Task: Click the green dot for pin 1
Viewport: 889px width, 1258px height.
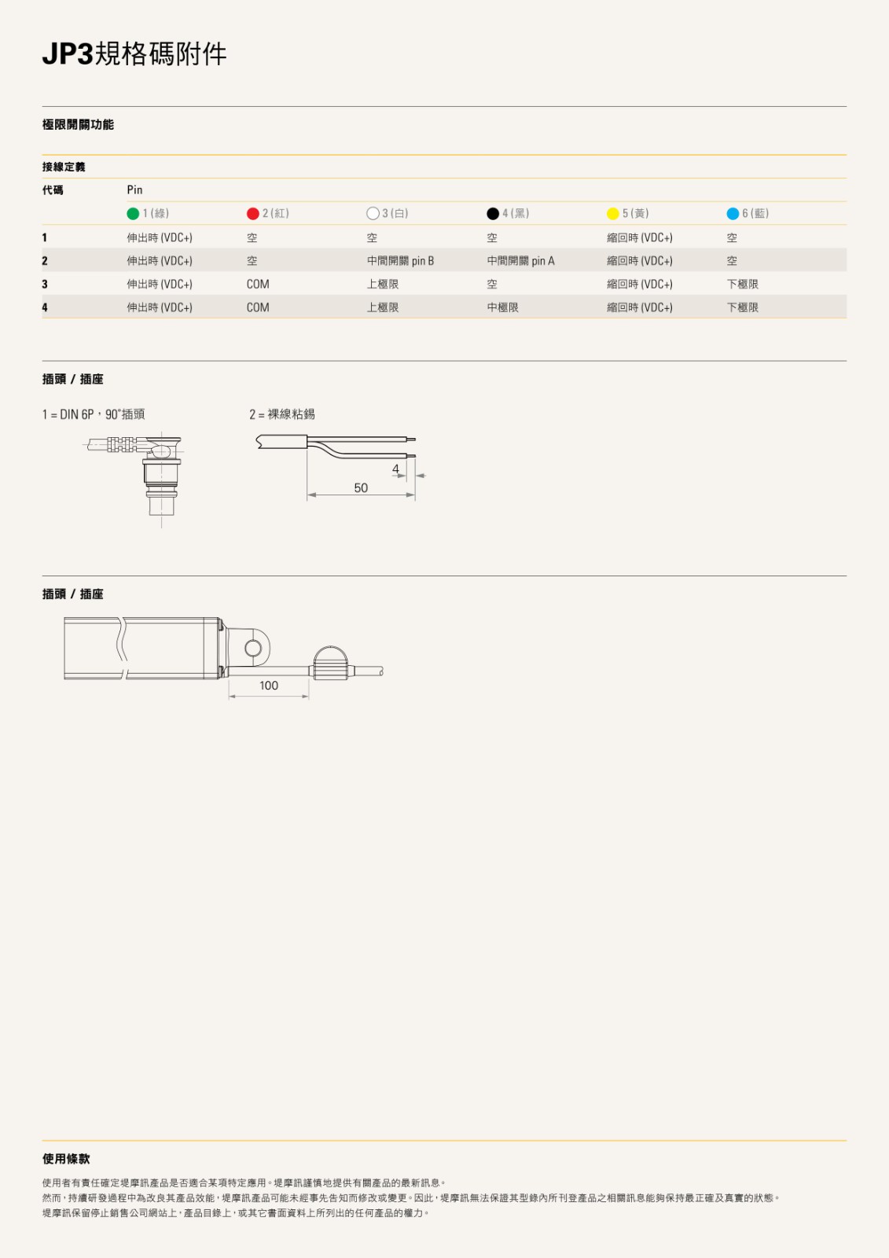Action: [x=133, y=214]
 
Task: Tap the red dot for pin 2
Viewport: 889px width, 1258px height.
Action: [x=253, y=214]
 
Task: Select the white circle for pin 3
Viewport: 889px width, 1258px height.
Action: [x=373, y=214]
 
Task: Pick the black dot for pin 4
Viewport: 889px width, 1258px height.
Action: [x=493, y=214]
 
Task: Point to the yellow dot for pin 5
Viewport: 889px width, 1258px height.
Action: [x=613, y=214]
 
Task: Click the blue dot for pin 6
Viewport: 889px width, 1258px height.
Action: [x=733, y=214]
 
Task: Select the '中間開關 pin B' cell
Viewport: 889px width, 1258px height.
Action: [x=400, y=261]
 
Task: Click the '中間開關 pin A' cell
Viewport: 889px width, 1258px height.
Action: [x=520, y=261]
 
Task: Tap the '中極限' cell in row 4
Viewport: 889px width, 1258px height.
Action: [x=502, y=307]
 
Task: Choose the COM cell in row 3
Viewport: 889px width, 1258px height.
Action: [x=258, y=285]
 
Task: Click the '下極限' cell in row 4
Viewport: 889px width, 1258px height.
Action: [x=742, y=307]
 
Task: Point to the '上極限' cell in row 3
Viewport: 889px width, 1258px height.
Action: [x=383, y=285]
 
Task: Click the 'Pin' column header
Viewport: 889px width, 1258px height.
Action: [x=135, y=190]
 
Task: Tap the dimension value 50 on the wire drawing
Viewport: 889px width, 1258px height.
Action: [x=361, y=488]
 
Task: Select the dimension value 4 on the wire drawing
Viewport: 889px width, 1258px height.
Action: [x=395, y=469]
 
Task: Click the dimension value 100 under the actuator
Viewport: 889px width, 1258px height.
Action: [x=269, y=686]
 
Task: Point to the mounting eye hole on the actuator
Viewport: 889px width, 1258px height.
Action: [x=253, y=648]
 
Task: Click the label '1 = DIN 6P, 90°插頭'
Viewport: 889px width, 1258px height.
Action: [x=94, y=414]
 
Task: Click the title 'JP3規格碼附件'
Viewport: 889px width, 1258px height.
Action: [x=134, y=54]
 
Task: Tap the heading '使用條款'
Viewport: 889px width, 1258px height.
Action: [x=66, y=1159]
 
